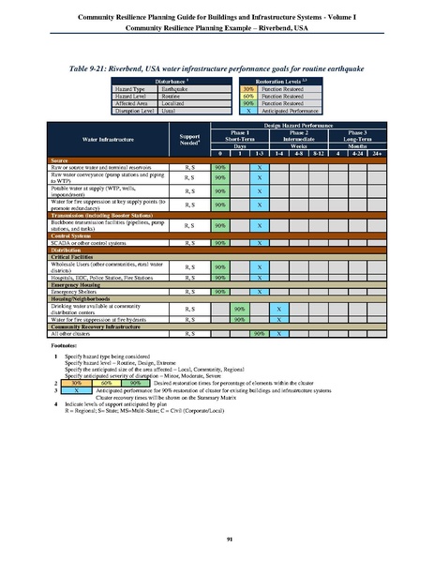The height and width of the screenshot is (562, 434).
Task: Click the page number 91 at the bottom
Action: coord(217,537)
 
